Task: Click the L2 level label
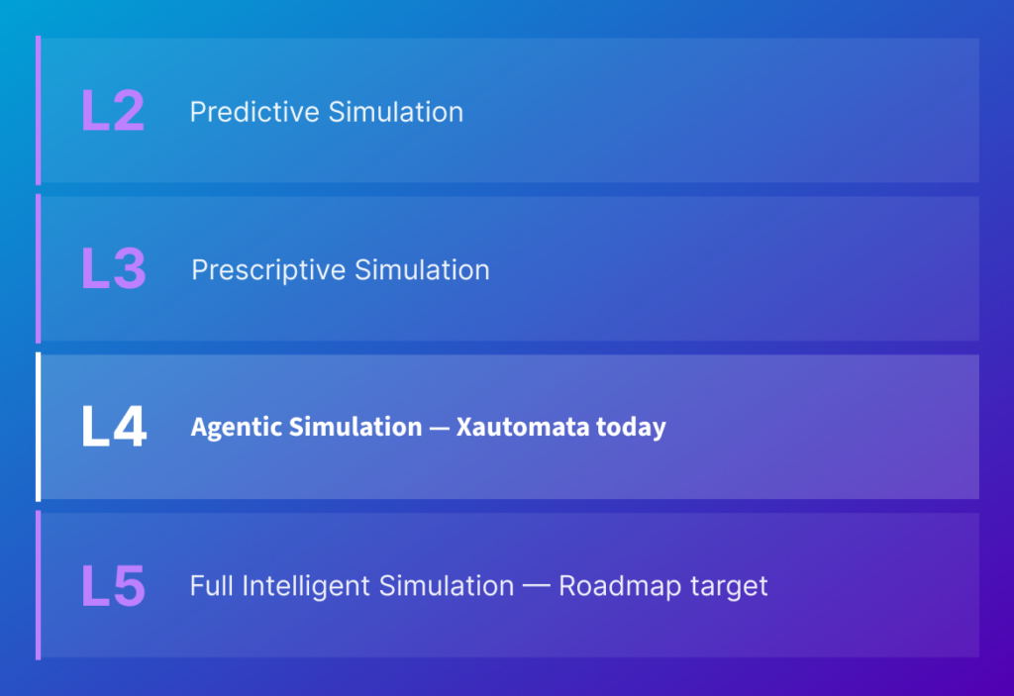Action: point(113,111)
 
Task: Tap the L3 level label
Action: point(114,268)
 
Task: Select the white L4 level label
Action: point(115,427)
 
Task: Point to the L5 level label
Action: point(114,585)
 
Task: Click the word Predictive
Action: point(254,112)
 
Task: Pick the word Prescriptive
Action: point(268,270)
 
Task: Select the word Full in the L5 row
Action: point(212,586)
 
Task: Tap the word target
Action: point(729,587)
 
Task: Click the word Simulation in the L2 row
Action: point(396,112)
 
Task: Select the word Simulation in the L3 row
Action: point(422,269)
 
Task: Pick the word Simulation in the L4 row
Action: point(355,427)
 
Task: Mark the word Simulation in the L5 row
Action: point(447,586)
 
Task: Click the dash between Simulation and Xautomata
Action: point(439,429)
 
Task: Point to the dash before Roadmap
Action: point(536,587)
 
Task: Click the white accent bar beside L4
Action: point(39,427)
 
